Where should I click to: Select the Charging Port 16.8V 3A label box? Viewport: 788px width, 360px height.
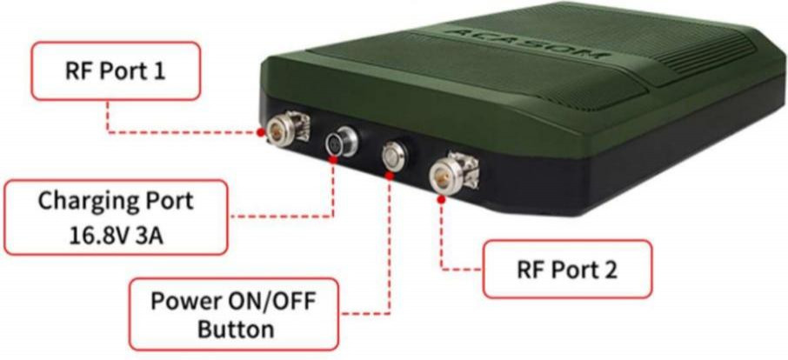[x=115, y=217]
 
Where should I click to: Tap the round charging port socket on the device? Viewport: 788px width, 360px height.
[x=336, y=143]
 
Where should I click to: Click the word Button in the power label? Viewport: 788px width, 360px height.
[x=235, y=330]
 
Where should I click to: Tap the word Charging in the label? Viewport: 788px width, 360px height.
[x=82, y=201]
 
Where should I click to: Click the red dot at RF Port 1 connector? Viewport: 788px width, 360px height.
[x=261, y=132]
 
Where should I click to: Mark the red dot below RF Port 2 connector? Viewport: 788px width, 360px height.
[x=443, y=199]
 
